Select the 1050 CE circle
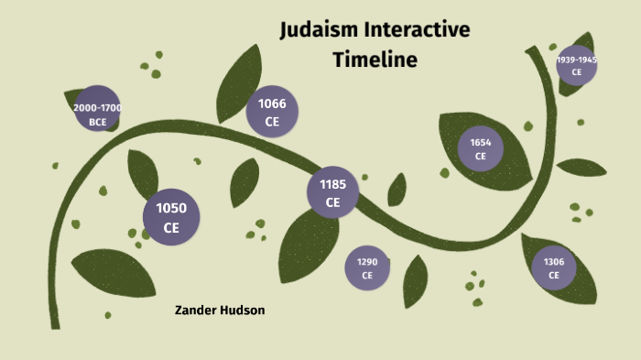pos(171,217)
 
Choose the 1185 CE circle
pos(332,192)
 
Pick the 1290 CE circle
pos(367,268)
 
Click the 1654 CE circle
pos(481,149)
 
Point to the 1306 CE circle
pos(554,267)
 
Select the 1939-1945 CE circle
pos(577,65)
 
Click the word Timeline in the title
pos(375,60)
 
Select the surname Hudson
pos(244,311)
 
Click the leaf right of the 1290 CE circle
pos(416,279)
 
